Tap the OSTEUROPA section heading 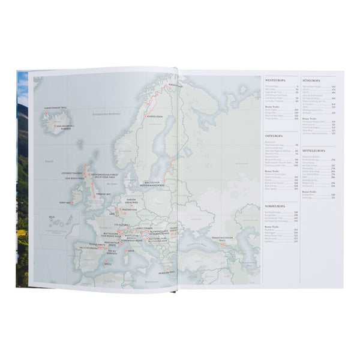(275, 136)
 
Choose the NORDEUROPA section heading (275, 205)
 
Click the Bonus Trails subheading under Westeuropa (271, 106)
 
